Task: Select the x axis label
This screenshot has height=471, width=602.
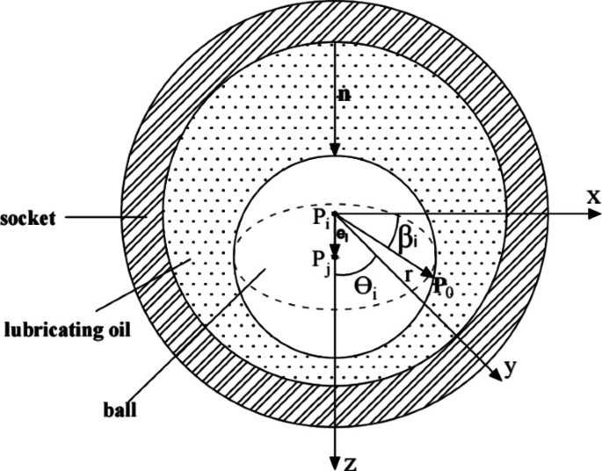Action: point(593,198)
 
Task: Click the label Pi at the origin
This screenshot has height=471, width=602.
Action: point(320,215)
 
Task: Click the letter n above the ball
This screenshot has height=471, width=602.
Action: point(344,94)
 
